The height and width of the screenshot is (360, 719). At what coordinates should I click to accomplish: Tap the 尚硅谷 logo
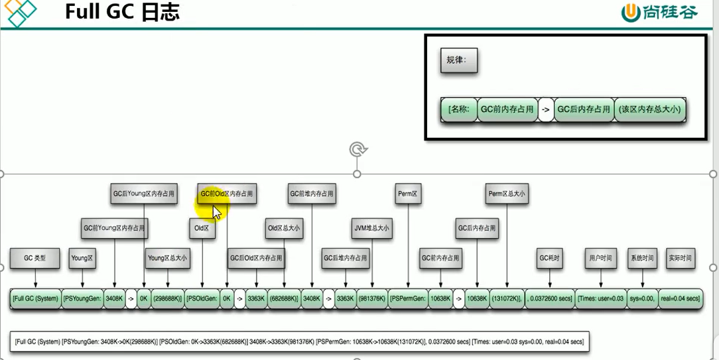tap(659, 12)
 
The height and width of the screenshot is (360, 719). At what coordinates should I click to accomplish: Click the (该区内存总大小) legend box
tap(649, 109)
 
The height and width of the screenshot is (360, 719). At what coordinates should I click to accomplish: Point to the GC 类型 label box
tap(35, 258)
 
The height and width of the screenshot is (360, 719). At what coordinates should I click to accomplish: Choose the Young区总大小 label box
tap(167, 258)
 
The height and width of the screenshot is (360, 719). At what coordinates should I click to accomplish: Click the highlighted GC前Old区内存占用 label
tap(228, 194)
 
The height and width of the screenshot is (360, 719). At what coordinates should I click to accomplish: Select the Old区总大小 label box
tap(284, 228)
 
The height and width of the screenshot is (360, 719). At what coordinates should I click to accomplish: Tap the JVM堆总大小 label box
tap(371, 228)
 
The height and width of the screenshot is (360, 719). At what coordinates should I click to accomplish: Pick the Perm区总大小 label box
tap(507, 194)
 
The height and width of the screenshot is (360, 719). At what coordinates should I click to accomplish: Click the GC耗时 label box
tap(550, 258)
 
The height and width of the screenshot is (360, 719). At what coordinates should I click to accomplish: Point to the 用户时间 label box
tap(600, 258)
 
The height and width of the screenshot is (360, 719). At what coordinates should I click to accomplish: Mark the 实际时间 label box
tap(680, 258)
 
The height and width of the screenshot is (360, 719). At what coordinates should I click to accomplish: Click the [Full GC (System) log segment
tap(36, 299)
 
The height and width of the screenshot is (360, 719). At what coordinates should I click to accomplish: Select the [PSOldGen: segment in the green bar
tap(202, 299)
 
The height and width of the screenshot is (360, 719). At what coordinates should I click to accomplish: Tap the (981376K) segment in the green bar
tap(372, 299)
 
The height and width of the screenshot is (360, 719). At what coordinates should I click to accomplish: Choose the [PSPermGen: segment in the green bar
tap(408, 299)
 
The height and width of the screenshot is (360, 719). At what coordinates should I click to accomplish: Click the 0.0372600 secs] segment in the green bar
tap(550, 299)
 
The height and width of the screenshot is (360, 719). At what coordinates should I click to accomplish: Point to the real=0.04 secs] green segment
tap(680, 299)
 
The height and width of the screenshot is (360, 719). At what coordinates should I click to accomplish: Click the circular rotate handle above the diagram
tap(358, 149)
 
